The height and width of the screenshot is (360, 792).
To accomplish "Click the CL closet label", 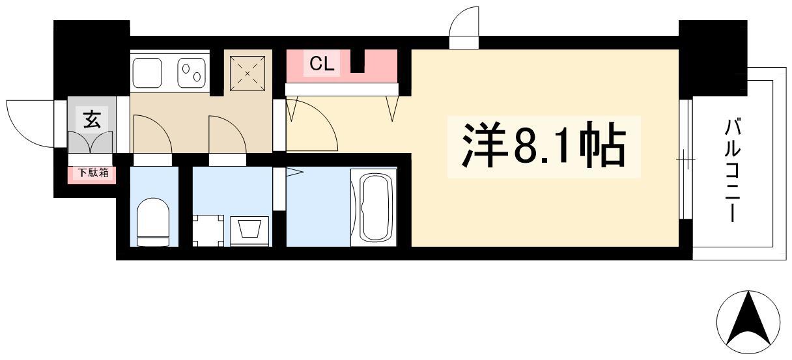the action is point(321,64).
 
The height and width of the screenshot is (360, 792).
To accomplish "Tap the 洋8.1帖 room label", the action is point(544,145).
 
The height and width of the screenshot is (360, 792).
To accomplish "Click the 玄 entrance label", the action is point(92,119).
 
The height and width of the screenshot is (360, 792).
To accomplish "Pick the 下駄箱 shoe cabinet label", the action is point(93,173).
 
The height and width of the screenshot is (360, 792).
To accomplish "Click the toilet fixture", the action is point(153,222).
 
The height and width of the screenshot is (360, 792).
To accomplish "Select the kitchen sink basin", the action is point(147,73).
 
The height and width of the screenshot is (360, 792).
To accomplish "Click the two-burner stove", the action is point(191,73).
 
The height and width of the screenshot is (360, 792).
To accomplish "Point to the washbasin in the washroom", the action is point(249,230).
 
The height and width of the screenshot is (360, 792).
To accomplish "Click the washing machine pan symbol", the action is point(208,230).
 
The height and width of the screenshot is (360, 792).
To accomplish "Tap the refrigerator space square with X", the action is point(247,74).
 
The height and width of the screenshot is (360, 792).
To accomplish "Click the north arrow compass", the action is point(748,322).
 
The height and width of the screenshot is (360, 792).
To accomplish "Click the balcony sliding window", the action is point(686,159).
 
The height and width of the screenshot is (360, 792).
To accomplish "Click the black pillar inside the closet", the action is point(358,61).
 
